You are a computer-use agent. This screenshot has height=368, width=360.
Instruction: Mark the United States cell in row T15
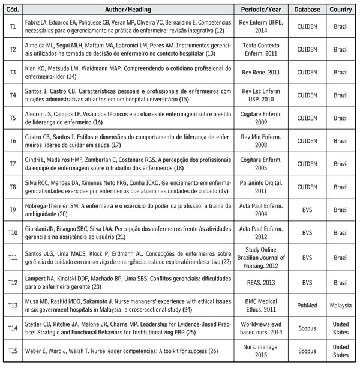point(340,351)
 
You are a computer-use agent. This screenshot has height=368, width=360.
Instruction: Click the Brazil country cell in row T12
point(340,281)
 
